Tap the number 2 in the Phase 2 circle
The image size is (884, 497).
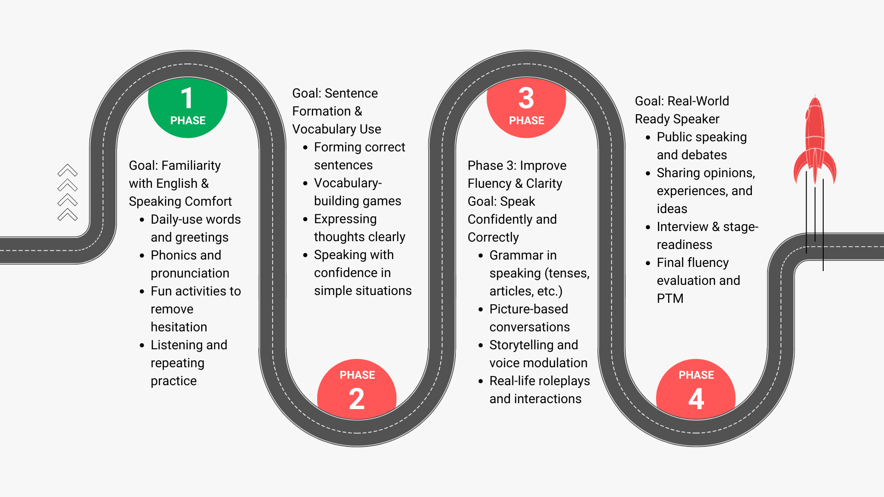click(357, 399)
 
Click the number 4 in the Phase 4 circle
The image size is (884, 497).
click(696, 399)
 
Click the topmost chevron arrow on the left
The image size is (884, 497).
click(68, 170)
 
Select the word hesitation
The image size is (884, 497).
click(179, 327)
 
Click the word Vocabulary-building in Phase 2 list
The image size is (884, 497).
click(348, 183)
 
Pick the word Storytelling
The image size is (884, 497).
click(521, 345)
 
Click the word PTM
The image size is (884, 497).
click(670, 298)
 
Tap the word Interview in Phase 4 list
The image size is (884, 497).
click(682, 226)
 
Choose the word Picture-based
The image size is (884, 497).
click(529, 309)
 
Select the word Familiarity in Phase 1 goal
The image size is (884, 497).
click(191, 165)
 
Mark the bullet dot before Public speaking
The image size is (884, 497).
click(648, 137)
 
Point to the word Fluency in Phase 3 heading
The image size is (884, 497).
click(489, 183)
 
